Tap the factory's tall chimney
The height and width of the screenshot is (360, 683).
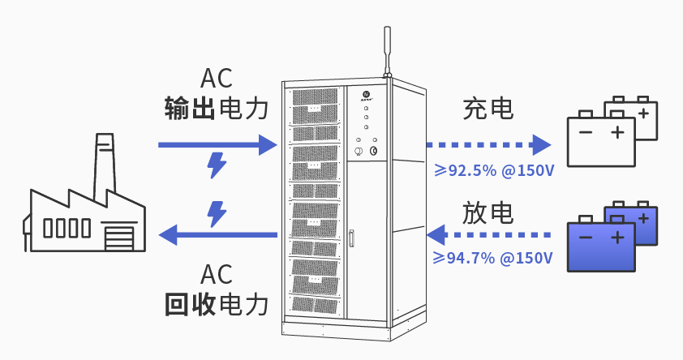pyautogui.click(x=102, y=166)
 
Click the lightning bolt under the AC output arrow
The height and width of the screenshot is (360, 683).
pyautogui.click(x=217, y=165)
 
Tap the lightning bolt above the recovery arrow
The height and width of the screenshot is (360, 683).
pyautogui.click(x=217, y=213)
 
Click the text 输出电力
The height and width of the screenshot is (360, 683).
pyautogui.click(x=216, y=108)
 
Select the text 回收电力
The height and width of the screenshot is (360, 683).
pyautogui.click(x=216, y=303)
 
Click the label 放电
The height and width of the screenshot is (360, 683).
pyautogui.click(x=488, y=212)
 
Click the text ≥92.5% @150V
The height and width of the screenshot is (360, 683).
pyautogui.click(x=493, y=170)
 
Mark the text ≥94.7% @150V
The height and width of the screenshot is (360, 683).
pyautogui.click(x=493, y=259)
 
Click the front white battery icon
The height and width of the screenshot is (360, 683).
pyautogui.click(x=600, y=139)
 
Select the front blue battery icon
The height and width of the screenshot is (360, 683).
pyautogui.click(x=600, y=243)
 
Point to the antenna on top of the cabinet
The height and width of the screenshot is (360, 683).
pyautogui.click(x=387, y=50)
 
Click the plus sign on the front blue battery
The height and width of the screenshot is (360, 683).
pyautogui.click(x=618, y=237)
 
